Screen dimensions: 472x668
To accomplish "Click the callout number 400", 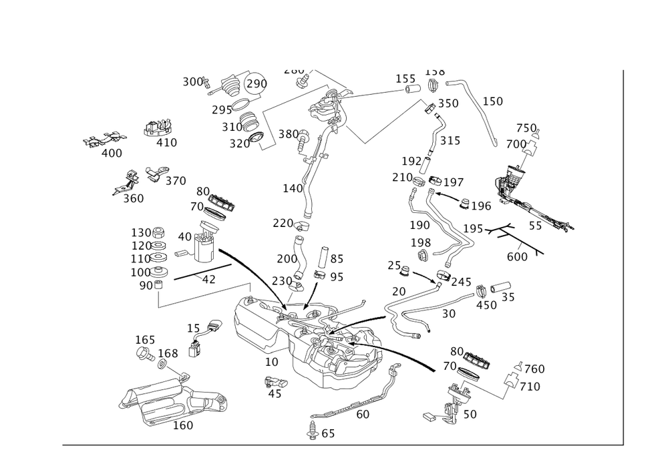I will point(112,154).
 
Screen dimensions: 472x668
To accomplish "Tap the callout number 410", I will point(166,142).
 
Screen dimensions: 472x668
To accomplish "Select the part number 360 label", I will point(134,198).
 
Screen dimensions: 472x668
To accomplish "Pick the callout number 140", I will point(293,189).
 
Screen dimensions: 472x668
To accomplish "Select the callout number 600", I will point(517,256).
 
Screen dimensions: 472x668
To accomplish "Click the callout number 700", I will point(516,144).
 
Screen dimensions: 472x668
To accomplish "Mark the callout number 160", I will point(182,425).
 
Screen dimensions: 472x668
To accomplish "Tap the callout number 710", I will point(530,387).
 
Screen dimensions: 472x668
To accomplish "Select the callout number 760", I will point(532,369).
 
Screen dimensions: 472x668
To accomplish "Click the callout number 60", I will point(363,414).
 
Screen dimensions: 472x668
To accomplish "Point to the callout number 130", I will point(142,232).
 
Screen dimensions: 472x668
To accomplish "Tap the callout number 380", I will point(289,134).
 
